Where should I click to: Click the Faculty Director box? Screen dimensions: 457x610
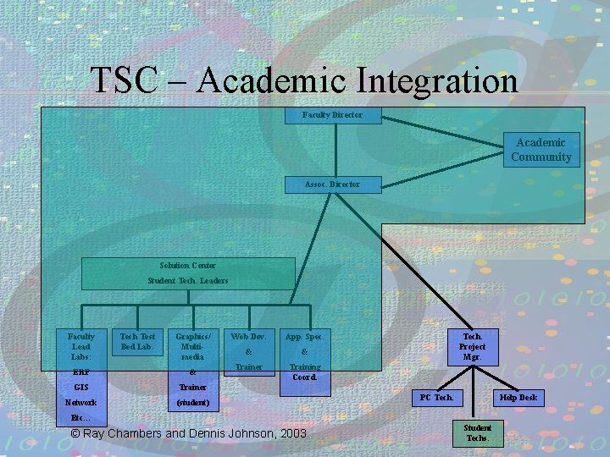[x=332, y=115]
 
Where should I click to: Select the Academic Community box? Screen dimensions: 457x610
[x=541, y=150]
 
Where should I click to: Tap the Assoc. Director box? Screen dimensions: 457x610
[x=332, y=184]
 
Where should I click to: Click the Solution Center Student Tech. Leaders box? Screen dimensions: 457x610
[x=187, y=273]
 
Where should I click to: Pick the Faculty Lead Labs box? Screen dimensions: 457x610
[x=81, y=348]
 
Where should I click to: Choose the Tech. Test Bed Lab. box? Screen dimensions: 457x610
[x=137, y=342]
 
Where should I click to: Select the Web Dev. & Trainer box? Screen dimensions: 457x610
[x=249, y=351]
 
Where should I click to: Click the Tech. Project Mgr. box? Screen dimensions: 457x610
[x=472, y=347]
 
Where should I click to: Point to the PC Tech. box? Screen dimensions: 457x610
[x=438, y=398]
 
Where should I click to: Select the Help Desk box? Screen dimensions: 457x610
[x=518, y=398]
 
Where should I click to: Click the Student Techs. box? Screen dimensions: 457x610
[x=477, y=432]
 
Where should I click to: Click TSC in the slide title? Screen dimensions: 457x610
[x=124, y=81]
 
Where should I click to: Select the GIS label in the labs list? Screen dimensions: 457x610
[x=81, y=387]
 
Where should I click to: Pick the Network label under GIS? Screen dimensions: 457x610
[x=81, y=402]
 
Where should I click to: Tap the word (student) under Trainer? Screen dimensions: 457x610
[x=192, y=402]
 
